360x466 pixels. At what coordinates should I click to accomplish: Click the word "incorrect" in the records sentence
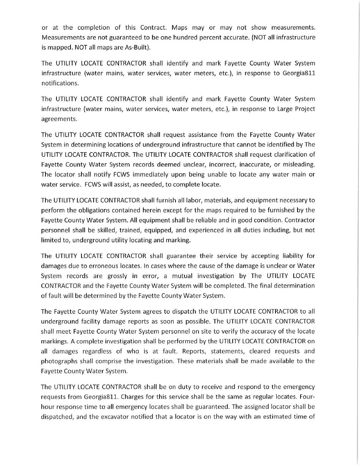coord(210,164)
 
